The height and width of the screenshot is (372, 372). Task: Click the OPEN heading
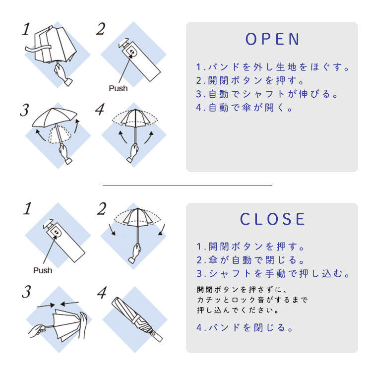tap(272, 39)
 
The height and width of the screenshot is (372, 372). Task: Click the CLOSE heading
tap(272, 219)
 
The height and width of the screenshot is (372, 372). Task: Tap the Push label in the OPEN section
tap(118, 88)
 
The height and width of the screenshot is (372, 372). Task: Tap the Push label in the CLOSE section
tap(43, 270)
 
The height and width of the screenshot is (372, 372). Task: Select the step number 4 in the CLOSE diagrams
tap(102, 293)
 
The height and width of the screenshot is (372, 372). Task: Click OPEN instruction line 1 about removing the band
tap(273, 67)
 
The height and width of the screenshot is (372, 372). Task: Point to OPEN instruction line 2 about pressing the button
tap(250, 80)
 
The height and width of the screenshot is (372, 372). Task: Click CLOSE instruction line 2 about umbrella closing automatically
tap(250, 260)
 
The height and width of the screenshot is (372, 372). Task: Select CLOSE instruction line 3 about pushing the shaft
tap(273, 274)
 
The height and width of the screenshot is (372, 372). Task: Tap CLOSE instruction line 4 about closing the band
tap(245, 327)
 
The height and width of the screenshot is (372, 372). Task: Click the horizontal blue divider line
tap(187, 186)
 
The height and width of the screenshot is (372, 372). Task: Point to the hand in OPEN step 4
tap(133, 152)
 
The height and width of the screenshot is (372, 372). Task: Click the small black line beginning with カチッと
tap(252, 300)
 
